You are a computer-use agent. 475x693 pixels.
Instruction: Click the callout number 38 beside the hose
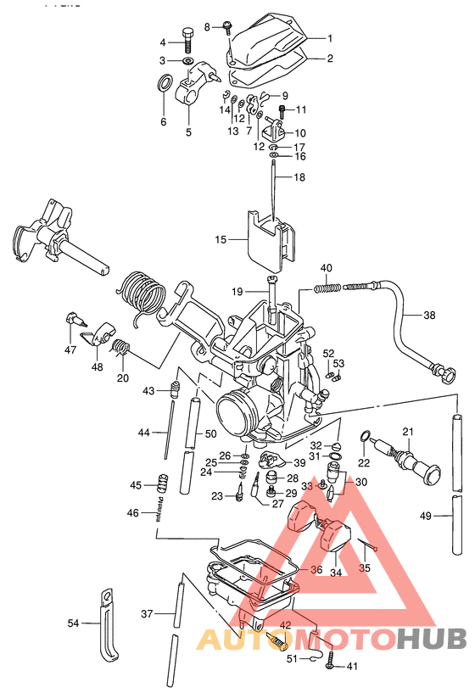point(429,315)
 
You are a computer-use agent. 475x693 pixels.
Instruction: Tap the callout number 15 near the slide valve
point(221,240)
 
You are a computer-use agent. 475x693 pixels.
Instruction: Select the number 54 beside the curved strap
point(74,623)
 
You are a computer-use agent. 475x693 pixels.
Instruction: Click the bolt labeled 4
point(187,39)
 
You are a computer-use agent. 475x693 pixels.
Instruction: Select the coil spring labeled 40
point(329,288)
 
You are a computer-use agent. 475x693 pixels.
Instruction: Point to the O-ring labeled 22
point(366,437)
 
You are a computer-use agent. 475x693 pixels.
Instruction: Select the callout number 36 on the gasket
point(316,570)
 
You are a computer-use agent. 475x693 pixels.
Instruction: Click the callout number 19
point(239,292)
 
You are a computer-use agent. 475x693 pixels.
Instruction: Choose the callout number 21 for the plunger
point(407,432)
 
